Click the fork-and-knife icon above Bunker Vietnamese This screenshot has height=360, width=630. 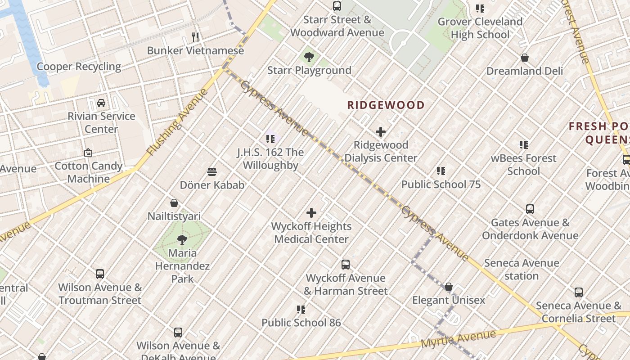[x=195, y=37]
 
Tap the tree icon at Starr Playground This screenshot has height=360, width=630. [x=309, y=57]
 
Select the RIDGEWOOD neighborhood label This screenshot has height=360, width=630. [x=386, y=105]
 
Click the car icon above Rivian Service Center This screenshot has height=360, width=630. [x=101, y=103]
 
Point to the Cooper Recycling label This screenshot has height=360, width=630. [x=79, y=67]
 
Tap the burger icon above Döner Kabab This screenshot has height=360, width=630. [x=212, y=171]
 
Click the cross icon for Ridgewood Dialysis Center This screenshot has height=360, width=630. [x=381, y=132]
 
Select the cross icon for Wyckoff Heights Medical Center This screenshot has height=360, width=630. [x=311, y=213]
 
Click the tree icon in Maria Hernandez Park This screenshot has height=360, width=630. [x=182, y=239]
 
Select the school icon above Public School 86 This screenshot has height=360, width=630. [x=301, y=309]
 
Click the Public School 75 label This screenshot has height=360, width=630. [x=441, y=184]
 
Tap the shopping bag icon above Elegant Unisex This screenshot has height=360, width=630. [x=449, y=287]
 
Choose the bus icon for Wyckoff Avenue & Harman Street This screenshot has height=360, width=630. [x=346, y=265]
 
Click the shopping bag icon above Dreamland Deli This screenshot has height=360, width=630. [x=525, y=58]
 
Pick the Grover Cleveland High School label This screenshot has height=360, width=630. [x=480, y=28]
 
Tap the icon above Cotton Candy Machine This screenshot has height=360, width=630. [x=88, y=153]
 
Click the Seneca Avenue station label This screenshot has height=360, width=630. [x=522, y=269]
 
